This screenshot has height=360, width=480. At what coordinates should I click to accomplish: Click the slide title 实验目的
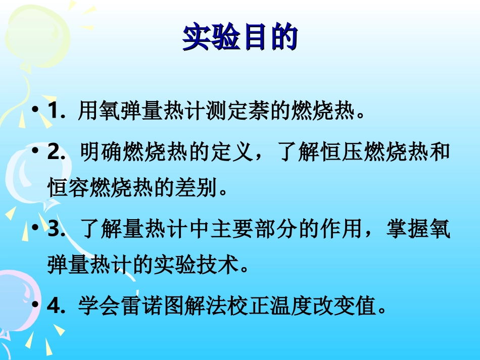239,38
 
